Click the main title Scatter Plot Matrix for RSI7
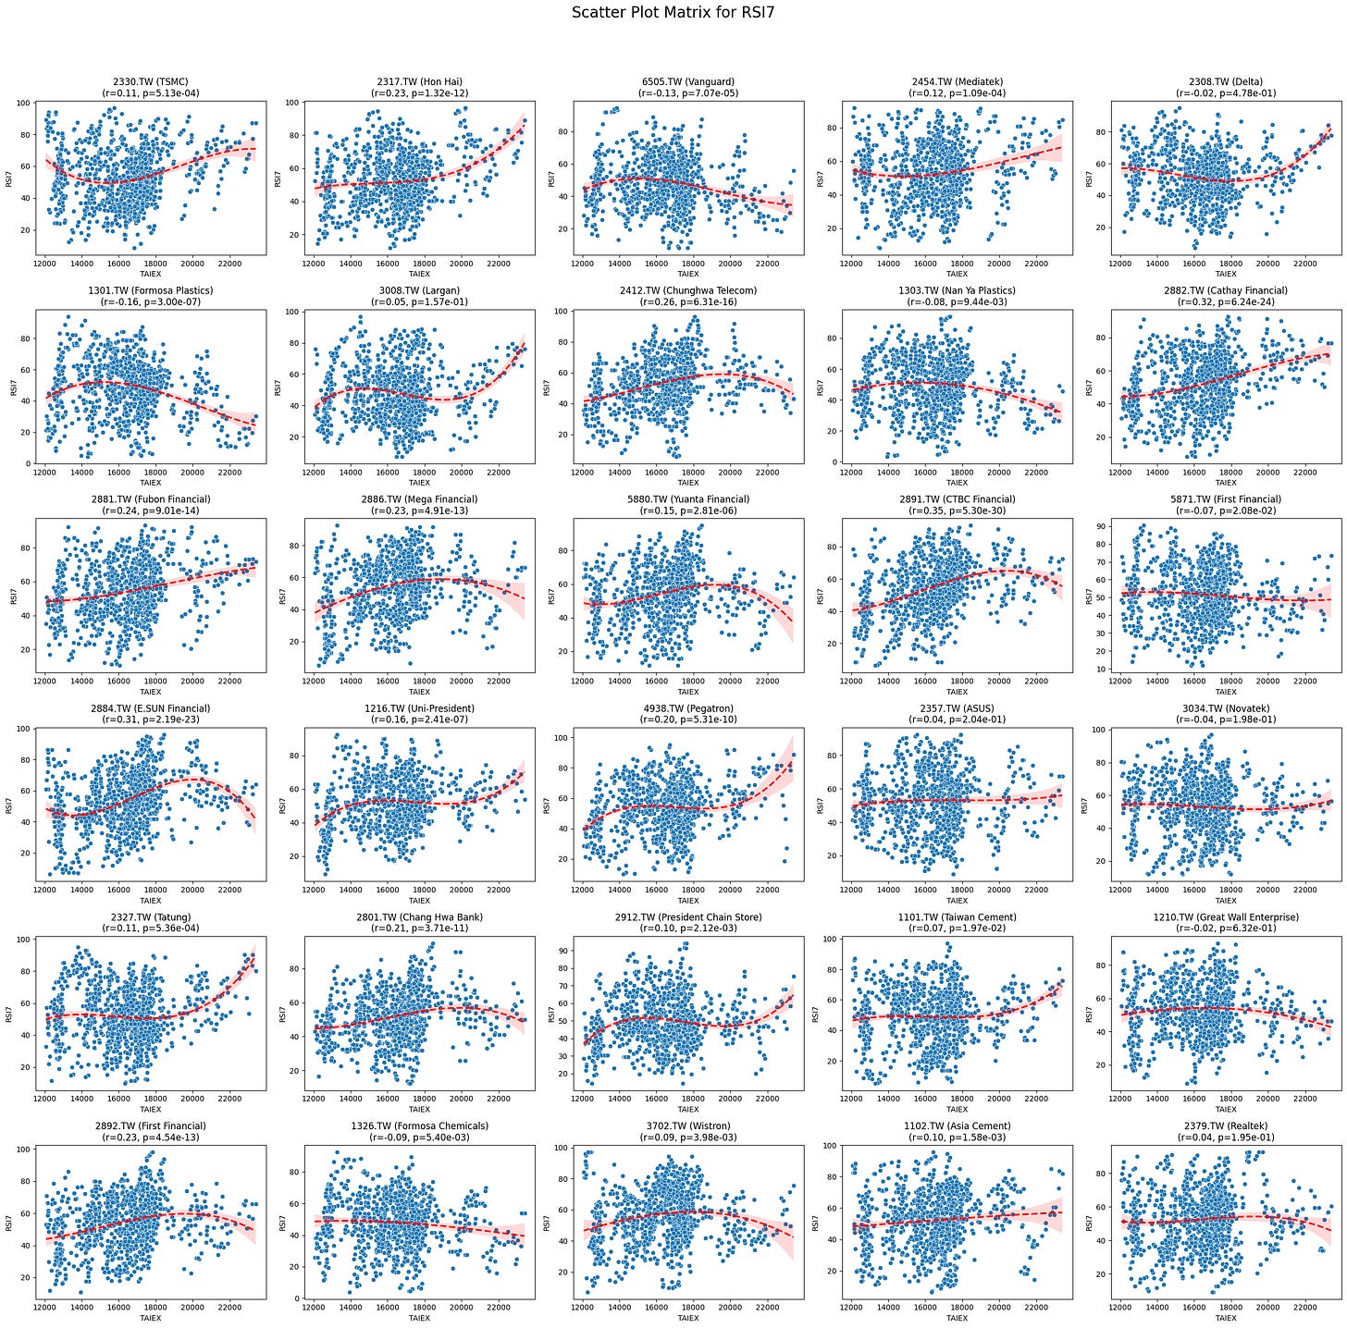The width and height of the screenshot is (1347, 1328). pyautogui.click(x=673, y=13)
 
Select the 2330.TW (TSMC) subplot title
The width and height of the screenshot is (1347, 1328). pyautogui.click(x=150, y=81)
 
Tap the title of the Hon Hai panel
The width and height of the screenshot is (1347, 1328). pyautogui.click(x=419, y=81)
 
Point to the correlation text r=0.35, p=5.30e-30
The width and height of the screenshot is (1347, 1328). pyautogui.click(x=957, y=510)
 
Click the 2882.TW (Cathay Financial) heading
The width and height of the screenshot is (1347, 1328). pyautogui.click(x=1226, y=290)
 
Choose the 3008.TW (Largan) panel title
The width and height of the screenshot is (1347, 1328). pyautogui.click(x=419, y=290)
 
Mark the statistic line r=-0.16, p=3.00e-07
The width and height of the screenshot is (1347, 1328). pyautogui.click(x=150, y=302)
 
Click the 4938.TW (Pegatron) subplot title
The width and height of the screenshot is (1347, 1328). pyautogui.click(x=687, y=708)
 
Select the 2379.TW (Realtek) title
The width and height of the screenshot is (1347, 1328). pyautogui.click(x=1226, y=1126)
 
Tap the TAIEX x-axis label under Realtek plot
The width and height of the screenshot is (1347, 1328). pyautogui.click(x=1226, y=1318)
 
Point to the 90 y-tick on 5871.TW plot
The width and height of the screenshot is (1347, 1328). pyautogui.click(x=1103, y=526)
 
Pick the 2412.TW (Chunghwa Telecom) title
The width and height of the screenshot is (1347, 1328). pyautogui.click(x=687, y=290)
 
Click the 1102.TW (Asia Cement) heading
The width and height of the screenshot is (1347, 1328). pyautogui.click(x=957, y=1126)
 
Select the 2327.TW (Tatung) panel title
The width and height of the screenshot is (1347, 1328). pyautogui.click(x=150, y=917)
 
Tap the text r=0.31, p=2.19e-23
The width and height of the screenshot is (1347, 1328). pyautogui.click(x=150, y=719)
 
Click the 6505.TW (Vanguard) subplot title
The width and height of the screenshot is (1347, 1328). pyautogui.click(x=687, y=81)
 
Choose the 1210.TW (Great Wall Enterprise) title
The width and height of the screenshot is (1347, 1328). pyautogui.click(x=1226, y=917)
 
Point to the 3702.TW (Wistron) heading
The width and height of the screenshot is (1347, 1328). pyautogui.click(x=687, y=1126)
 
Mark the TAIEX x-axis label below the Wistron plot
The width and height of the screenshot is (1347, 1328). pyautogui.click(x=687, y=1318)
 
